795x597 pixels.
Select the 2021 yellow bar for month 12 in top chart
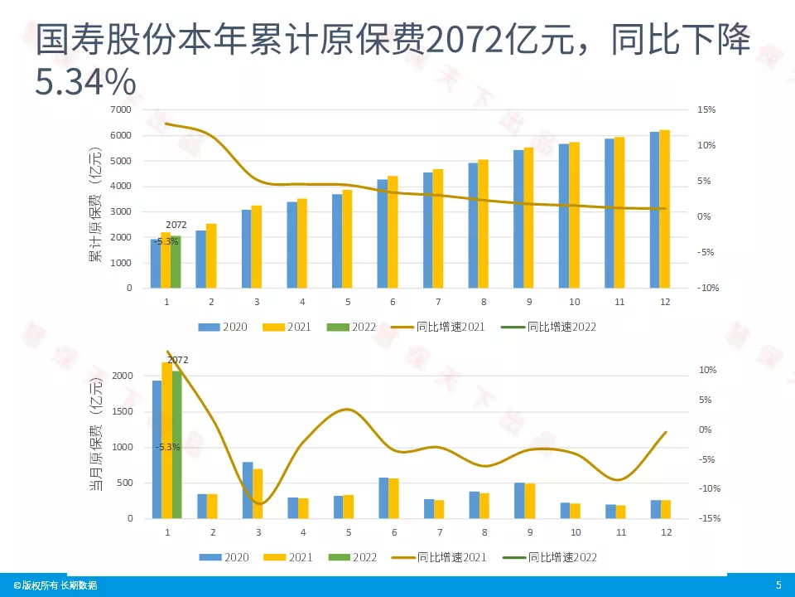point(664,209)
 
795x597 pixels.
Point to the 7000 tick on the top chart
point(122,109)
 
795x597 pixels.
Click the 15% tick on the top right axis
point(706,109)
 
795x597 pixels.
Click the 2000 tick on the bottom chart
point(122,376)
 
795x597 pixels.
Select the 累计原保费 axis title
point(96,204)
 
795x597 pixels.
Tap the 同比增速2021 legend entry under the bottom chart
point(444,557)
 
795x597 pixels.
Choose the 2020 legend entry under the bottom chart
point(228,557)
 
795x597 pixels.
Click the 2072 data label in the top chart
point(176,225)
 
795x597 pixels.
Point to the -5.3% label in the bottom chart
point(167,447)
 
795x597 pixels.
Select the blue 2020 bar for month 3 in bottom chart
point(248,490)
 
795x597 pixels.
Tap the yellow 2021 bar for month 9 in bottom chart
point(529,501)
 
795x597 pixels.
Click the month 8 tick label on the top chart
point(483,302)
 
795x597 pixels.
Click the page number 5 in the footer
point(778,585)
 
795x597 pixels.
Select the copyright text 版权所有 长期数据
point(55,585)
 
